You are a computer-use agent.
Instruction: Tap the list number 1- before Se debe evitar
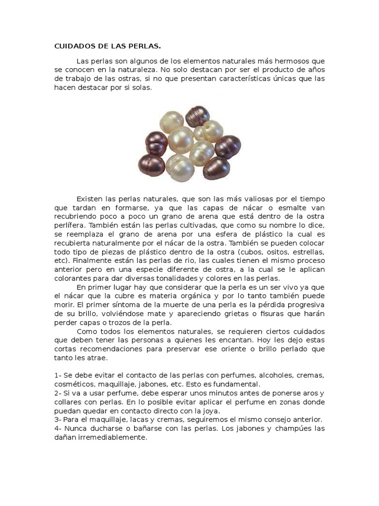(x=58, y=376)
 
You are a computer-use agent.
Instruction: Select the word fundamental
(x=240, y=384)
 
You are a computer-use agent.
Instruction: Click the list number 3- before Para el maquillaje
(x=58, y=420)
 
